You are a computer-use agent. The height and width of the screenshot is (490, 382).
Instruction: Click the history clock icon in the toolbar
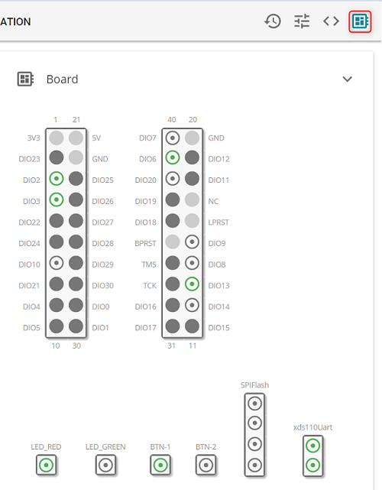click(x=273, y=21)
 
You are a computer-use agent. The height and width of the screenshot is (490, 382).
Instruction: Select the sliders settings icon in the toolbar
click(x=302, y=21)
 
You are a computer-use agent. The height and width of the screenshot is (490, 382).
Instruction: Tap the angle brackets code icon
click(x=331, y=21)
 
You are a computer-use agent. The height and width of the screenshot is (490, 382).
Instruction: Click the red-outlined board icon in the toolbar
click(x=360, y=21)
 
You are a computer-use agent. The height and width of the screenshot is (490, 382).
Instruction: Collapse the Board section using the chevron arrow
click(x=348, y=79)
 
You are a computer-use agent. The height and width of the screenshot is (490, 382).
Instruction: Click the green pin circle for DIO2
click(x=57, y=179)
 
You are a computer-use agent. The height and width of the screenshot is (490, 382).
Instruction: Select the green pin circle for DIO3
click(x=57, y=200)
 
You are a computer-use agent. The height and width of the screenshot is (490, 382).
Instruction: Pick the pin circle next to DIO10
click(x=57, y=263)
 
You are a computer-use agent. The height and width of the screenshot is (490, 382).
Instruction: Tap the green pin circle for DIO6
click(x=173, y=157)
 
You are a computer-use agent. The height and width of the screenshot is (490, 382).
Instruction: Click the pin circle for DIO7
click(x=173, y=138)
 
